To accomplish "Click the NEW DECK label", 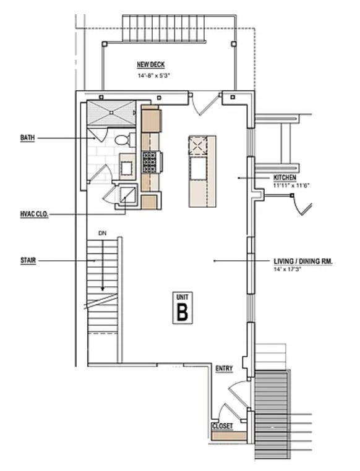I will pos(150,65).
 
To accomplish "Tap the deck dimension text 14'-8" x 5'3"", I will pos(153,75).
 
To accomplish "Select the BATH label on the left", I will pos(27,138).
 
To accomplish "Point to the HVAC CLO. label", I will pos(34,214).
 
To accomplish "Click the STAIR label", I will pos(28,261).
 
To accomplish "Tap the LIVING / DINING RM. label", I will pos(303,261).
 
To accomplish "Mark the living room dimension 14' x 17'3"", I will pos(288,269).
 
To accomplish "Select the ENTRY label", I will pos(224,369).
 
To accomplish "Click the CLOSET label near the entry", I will pos(222,426).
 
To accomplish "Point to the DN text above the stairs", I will pos(103,233).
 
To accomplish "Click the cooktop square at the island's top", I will pos(197,145).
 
